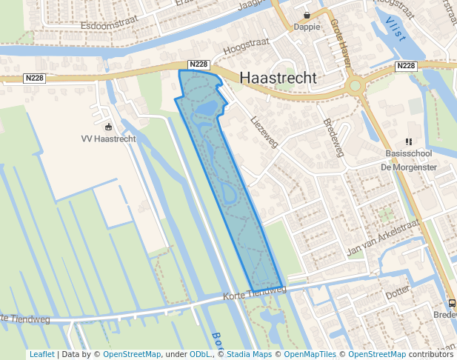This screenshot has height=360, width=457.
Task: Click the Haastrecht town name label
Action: pos(278,78)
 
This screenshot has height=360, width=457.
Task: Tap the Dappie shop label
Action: pos(307,27)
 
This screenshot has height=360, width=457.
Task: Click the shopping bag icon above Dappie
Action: pos(307,15)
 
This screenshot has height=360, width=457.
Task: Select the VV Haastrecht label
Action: pos(108,139)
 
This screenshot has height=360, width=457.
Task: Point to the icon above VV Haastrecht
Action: pos(109,127)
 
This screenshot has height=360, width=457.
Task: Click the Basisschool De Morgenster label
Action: pos(408,160)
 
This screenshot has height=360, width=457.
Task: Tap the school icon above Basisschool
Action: pos(407,141)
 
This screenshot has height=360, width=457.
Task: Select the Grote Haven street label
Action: pos(340,43)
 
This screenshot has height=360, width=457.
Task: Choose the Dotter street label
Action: pos(397,293)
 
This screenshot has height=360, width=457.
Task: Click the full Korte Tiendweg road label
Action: pos(254,293)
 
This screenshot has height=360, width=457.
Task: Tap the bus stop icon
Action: pos(451,303)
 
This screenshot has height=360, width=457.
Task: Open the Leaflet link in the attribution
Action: pos(41,354)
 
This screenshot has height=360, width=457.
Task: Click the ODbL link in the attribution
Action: pos(199,354)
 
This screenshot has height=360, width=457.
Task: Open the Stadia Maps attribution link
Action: pos(249,354)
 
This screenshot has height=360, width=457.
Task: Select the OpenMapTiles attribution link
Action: pos(310,354)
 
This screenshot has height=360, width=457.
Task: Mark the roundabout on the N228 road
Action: pos(356,85)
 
